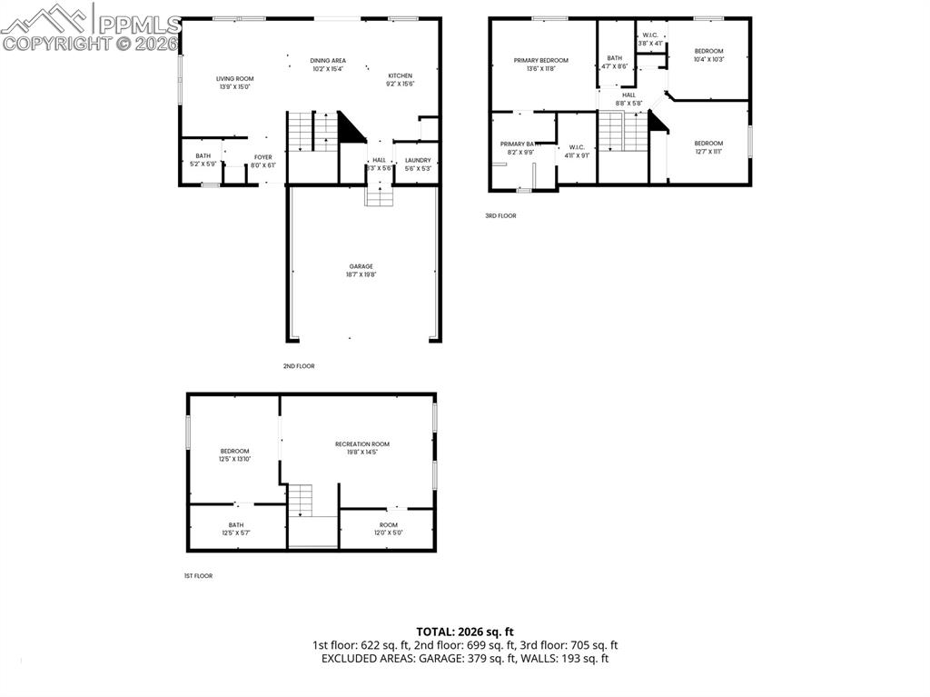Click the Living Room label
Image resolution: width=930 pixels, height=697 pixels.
(x=234, y=79)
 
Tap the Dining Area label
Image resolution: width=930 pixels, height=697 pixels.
(x=328, y=61)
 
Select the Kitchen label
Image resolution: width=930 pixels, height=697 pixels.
(x=401, y=75)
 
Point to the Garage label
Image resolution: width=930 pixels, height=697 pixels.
(x=361, y=266)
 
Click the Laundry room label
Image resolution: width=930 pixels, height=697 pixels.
(x=418, y=160)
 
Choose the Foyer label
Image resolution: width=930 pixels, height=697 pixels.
(x=262, y=157)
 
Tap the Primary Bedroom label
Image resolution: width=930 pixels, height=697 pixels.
(x=540, y=60)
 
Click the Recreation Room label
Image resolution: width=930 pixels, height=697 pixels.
(x=361, y=444)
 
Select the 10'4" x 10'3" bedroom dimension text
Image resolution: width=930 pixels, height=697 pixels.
(x=708, y=59)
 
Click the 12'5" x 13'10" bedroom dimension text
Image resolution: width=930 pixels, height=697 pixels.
(x=234, y=459)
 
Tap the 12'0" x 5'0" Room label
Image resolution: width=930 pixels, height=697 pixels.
(x=389, y=524)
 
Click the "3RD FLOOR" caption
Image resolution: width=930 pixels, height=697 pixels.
(x=500, y=215)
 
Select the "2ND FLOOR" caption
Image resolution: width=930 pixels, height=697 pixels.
(x=299, y=365)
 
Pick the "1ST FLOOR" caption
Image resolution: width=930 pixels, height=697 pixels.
(x=197, y=575)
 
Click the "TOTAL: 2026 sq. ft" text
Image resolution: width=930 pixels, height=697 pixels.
(x=465, y=631)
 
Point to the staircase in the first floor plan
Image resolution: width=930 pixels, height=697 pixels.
(x=301, y=501)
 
